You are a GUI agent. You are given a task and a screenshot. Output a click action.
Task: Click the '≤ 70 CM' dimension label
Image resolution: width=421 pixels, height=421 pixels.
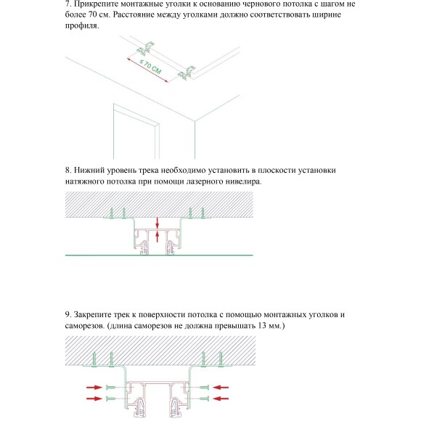click(150, 70)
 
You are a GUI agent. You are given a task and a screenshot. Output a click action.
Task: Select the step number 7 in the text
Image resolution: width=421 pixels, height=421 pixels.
click(68, 4)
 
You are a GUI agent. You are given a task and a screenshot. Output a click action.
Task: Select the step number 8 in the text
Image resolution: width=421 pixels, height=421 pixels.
click(68, 171)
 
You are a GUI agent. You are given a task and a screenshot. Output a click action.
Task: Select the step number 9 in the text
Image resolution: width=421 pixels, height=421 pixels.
click(68, 314)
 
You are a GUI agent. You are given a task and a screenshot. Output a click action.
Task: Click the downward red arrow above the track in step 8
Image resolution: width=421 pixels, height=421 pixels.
click(158, 221)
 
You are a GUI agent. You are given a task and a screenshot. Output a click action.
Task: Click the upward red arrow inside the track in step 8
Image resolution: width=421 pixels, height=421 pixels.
click(158, 235)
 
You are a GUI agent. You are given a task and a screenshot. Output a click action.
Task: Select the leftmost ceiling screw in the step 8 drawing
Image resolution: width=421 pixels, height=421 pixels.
click(110, 213)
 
